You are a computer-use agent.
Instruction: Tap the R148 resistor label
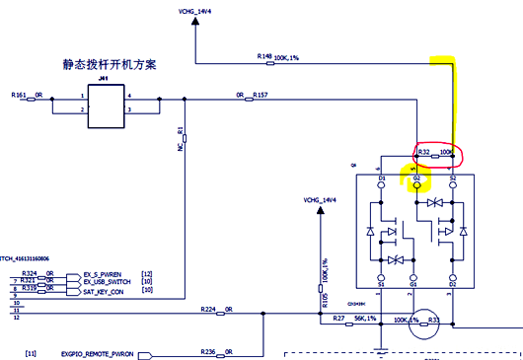pos(263,57)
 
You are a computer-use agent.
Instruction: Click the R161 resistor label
pos(20,96)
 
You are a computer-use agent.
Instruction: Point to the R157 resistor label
pos(261,96)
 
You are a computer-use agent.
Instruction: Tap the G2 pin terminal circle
pos(416,184)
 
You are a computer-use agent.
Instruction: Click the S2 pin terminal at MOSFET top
pos(452,184)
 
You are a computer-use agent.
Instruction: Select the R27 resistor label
pos(338,319)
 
